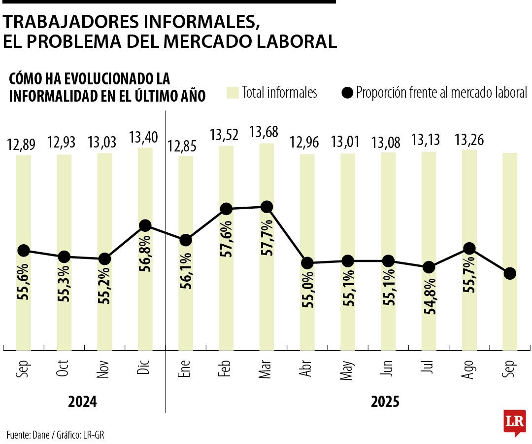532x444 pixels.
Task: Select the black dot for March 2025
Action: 266,207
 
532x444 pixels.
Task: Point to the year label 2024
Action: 83,402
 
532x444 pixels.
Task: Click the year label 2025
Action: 385,402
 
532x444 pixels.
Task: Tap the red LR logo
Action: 514,422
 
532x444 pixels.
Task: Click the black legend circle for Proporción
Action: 348,93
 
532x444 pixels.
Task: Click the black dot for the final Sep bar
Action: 510,273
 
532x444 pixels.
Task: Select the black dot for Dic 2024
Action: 145,225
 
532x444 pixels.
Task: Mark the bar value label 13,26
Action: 469,141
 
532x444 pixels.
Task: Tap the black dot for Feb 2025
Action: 226,209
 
